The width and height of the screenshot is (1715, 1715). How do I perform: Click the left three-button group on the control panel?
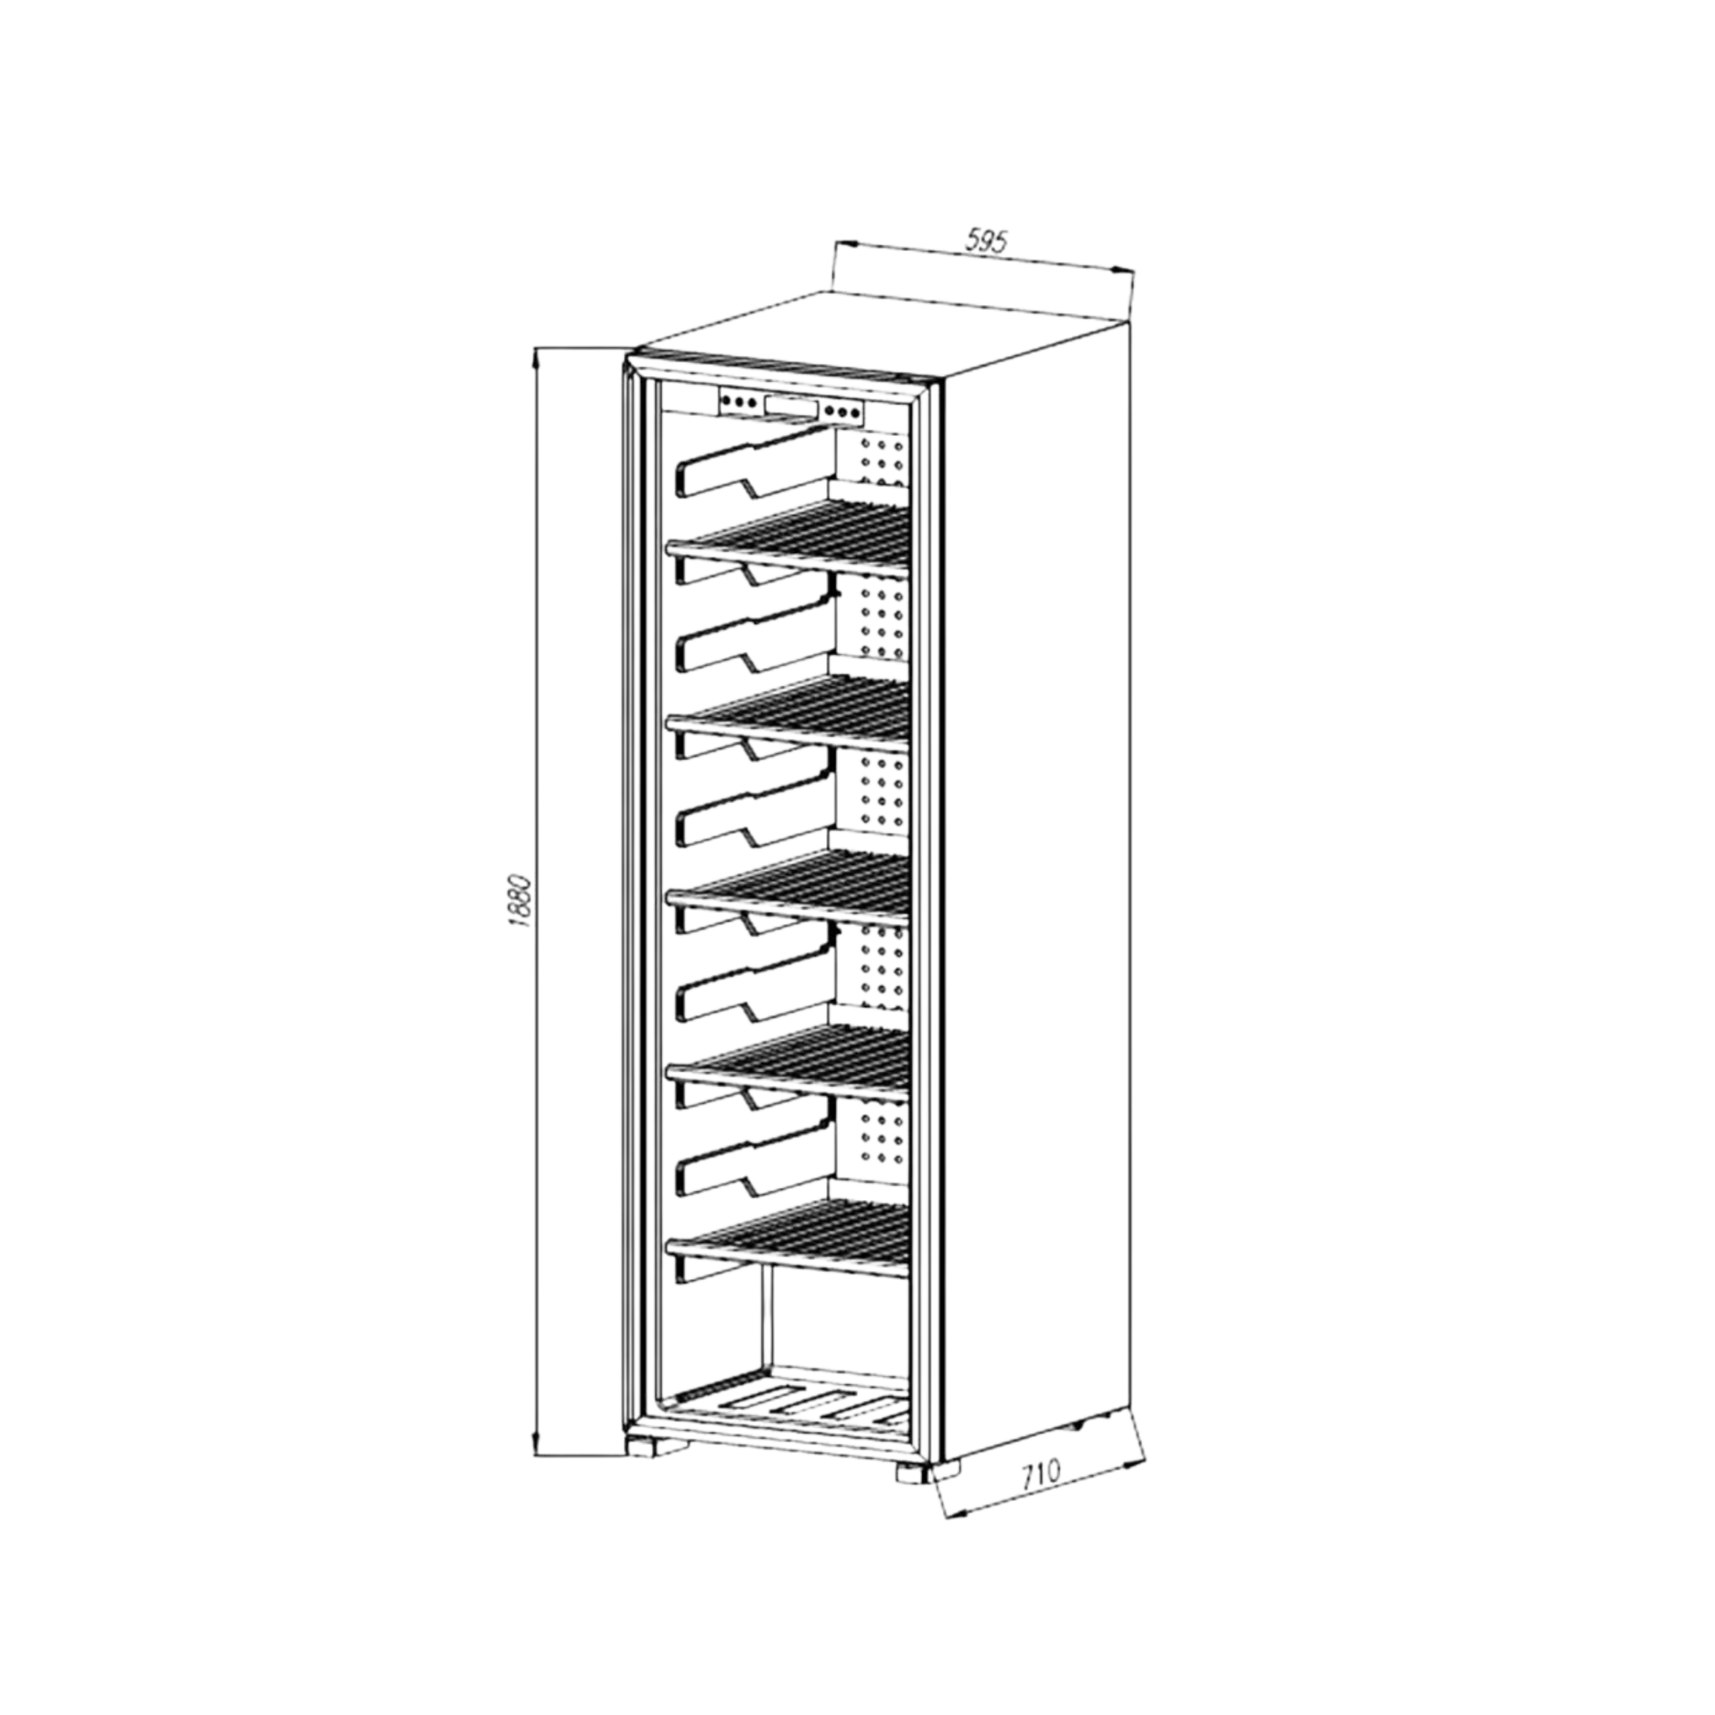tap(741, 402)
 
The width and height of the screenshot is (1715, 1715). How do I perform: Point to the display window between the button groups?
tap(792, 407)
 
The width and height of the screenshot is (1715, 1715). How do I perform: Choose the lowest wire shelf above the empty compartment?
tap(790, 1229)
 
